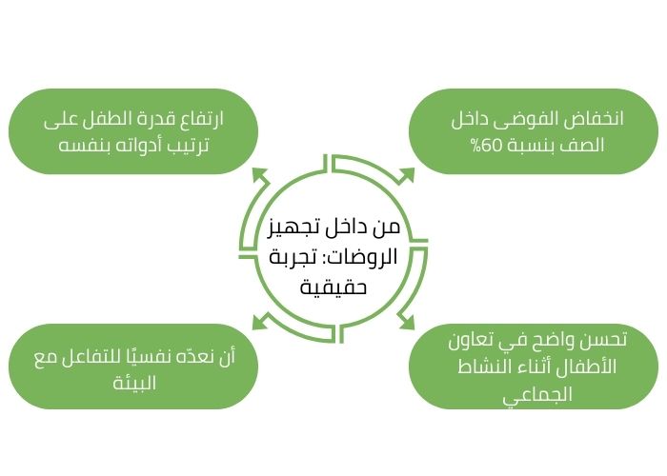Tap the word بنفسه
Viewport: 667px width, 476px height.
[80, 147]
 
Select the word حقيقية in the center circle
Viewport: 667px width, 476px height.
[333, 286]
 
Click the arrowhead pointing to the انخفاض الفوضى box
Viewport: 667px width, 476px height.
[407, 175]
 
